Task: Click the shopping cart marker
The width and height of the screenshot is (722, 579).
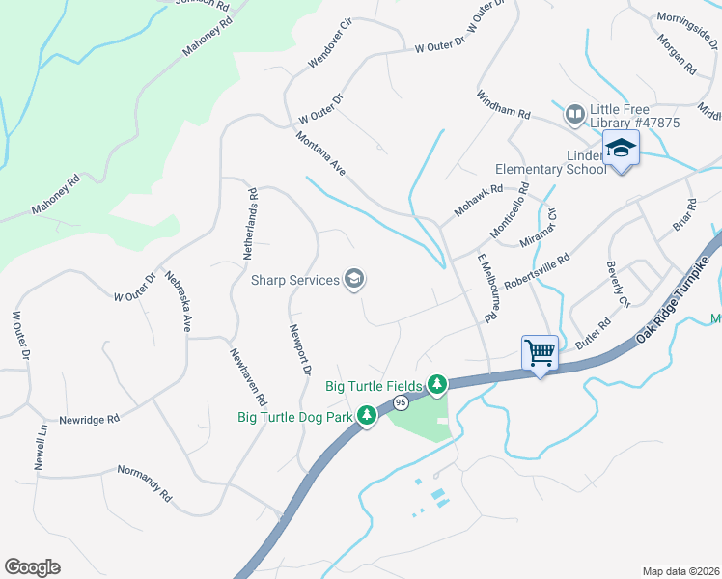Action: click(540, 352)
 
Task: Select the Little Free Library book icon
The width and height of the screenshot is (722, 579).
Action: click(575, 116)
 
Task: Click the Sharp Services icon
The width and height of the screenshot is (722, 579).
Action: click(354, 280)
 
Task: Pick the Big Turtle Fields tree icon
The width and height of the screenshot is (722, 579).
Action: click(437, 385)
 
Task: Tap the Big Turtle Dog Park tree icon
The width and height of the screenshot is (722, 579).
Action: click(367, 416)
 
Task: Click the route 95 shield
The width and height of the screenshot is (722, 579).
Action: click(399, 401)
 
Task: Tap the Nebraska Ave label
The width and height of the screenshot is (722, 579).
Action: click(178, 302)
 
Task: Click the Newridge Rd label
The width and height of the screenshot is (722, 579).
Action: click(88, 420)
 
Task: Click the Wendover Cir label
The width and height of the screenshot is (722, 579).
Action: click(331, 42)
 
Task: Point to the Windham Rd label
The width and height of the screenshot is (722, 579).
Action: click(503, 105)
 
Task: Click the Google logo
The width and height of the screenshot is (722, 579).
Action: click(32, 567)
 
